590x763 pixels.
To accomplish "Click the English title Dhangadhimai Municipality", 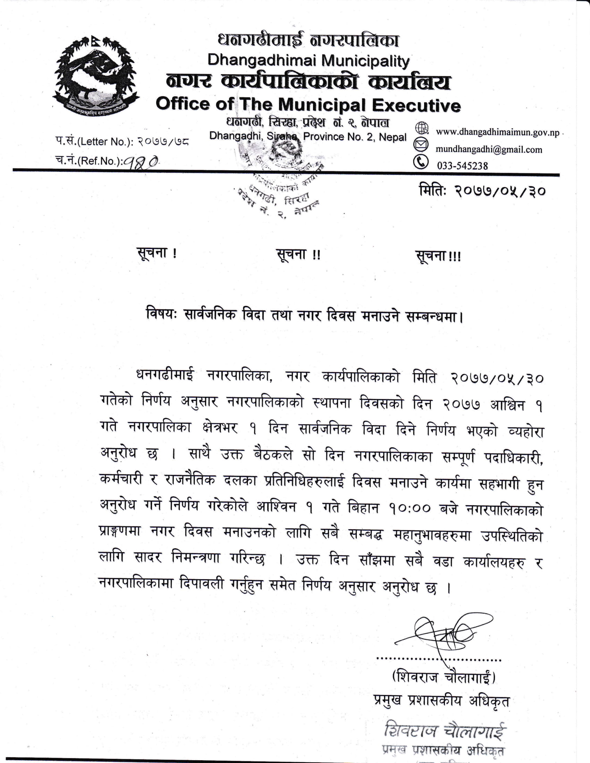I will point(308,61).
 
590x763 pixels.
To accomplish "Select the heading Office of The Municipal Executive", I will point(308,105).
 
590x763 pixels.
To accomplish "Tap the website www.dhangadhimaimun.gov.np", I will point(497,133).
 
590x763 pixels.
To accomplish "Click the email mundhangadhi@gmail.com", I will point(489,149).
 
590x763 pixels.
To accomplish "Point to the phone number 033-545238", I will point(462,165).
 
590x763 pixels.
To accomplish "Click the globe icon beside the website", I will point(422,128).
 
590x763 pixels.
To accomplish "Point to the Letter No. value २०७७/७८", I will point(163,142).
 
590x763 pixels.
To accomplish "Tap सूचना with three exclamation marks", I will point(438,256).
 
